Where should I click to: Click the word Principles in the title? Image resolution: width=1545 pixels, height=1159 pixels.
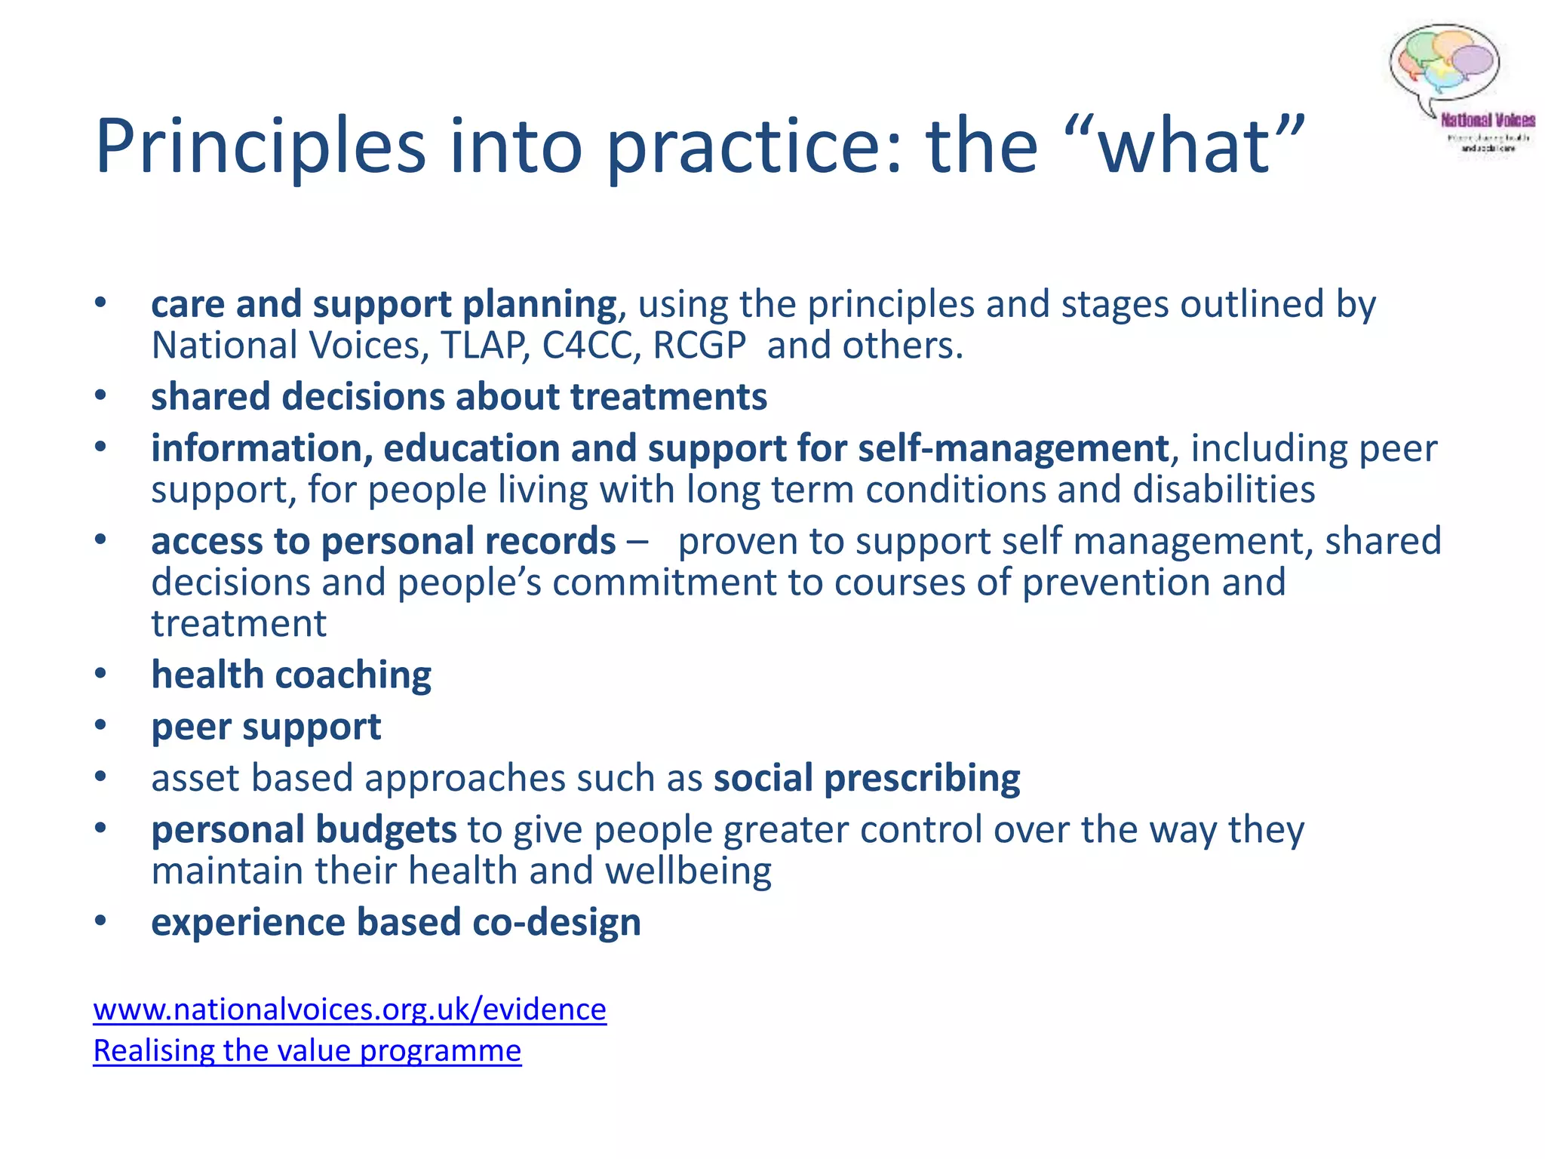260,147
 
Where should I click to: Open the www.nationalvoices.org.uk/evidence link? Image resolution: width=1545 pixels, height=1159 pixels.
349,1010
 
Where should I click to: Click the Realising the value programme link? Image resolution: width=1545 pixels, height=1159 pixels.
307,1051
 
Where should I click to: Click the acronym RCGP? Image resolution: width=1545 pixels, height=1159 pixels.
699,346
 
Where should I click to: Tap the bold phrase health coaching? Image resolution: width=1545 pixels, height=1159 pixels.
291,675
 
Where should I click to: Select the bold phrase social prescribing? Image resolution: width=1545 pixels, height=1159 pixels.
867,778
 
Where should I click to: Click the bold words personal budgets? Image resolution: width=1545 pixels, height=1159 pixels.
304,829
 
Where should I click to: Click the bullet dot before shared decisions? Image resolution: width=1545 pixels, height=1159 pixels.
101,395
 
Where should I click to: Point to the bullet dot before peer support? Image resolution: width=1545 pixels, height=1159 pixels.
101,725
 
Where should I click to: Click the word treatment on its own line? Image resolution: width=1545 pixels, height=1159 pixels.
239,624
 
